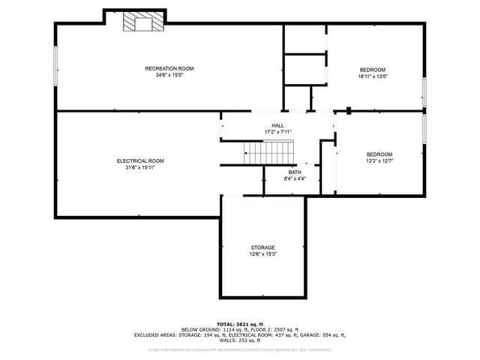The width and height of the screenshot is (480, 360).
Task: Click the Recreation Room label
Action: click(169, 68)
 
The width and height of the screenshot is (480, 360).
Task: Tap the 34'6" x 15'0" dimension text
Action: click(169, 75)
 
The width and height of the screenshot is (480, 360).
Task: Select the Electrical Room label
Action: click(140, 160)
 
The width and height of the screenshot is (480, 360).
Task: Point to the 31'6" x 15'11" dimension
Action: click(140, 167)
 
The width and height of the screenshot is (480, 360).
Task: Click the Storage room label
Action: click(262, 247)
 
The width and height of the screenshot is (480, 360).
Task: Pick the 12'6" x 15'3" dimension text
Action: click(262, 254)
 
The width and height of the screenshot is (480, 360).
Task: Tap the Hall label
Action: click(277, 125)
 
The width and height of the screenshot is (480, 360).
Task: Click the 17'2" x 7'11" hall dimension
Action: click(277, 132)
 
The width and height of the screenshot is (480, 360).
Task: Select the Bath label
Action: click(295, 172)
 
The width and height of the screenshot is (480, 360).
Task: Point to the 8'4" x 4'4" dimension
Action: click(295, 178)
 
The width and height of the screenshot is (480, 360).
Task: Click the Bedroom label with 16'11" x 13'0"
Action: click(373, 70)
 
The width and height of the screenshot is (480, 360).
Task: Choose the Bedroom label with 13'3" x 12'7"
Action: click(379, 154)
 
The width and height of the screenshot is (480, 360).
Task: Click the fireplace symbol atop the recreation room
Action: click(142, 23)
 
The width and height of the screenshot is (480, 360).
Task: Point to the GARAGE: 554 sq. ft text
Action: click(323, 334)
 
